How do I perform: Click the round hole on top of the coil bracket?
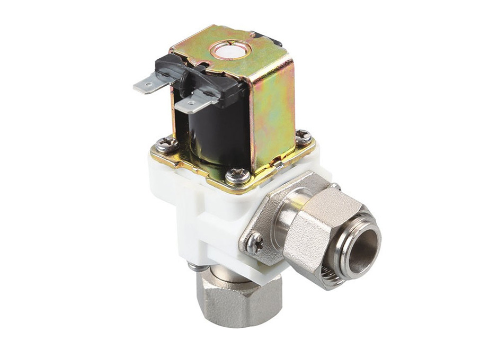click(230, 50)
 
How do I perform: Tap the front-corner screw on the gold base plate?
click(237, 175)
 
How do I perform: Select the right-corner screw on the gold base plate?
click(303, 137)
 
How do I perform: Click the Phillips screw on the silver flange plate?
click(255, 242)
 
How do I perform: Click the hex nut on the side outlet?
click(313, 228)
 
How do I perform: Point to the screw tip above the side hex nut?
click(335, 186)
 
